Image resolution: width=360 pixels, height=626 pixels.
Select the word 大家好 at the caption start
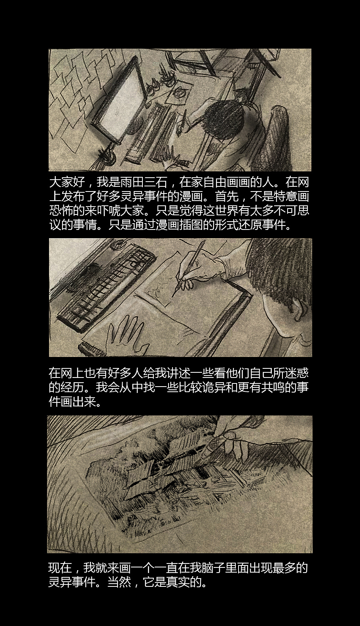coord(67,183)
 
